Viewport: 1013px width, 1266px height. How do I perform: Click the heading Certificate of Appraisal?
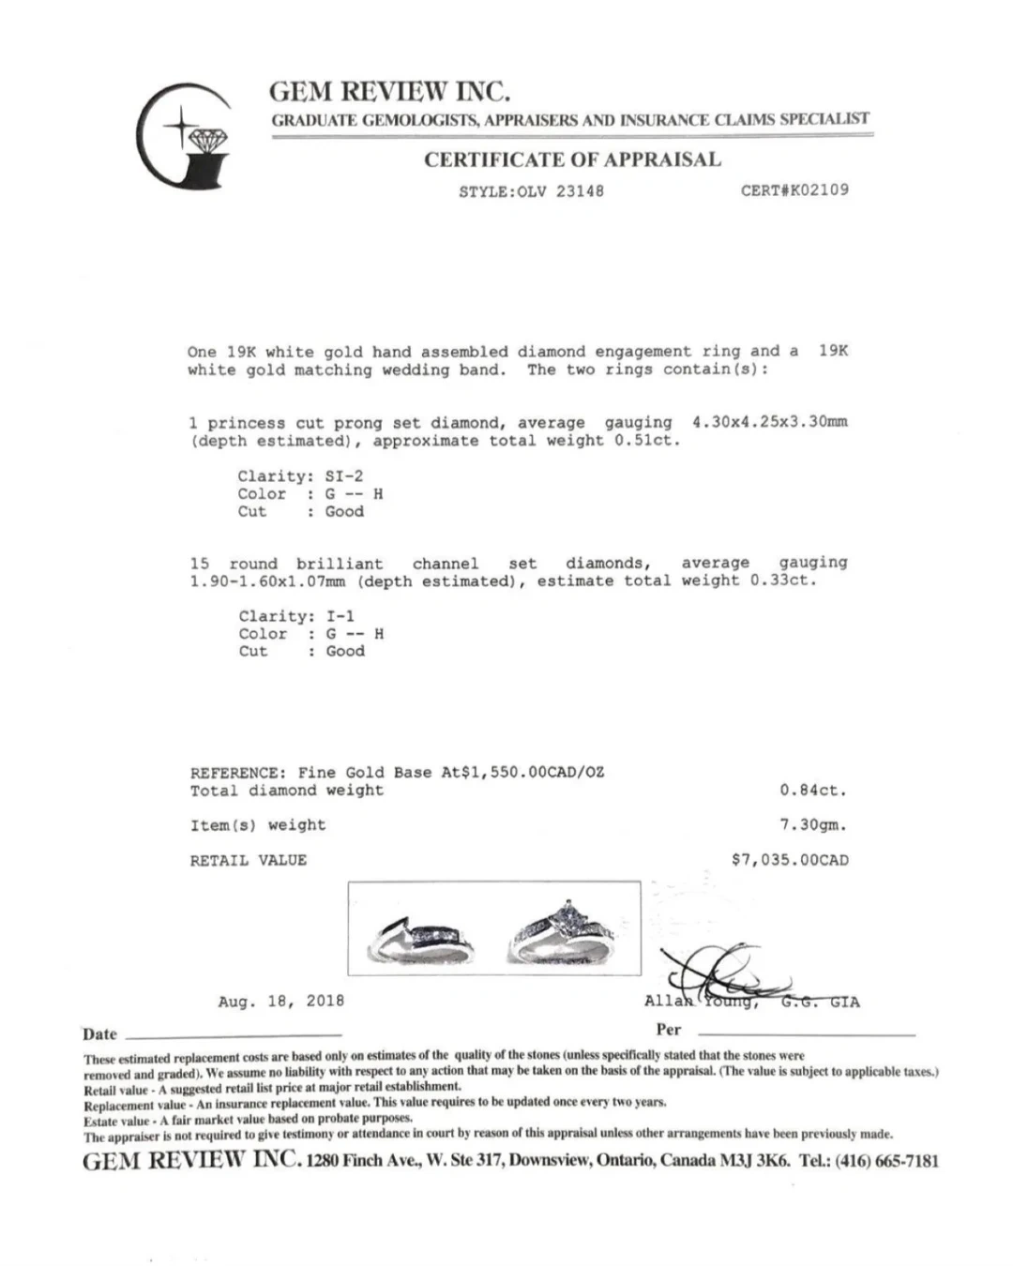tap(572, 159)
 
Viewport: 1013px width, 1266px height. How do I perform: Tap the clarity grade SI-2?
tap(343, 476)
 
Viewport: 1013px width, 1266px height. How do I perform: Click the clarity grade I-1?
tap(340, 616)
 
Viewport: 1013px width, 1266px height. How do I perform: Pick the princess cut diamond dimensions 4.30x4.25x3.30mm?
tap(769, 422)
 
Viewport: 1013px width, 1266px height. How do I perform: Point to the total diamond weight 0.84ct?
tap(812, 791)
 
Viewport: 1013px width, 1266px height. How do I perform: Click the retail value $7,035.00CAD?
tap(790, 860)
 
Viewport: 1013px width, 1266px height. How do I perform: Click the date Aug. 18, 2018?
tap(281, 1001)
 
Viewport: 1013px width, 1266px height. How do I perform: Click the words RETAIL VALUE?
tap(249, 860)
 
